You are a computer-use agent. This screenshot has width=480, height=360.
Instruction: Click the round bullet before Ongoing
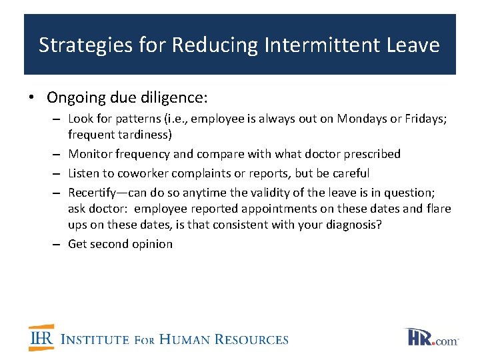32,98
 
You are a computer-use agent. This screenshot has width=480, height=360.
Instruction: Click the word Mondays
361,119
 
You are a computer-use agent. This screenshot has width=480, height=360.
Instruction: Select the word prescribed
372,154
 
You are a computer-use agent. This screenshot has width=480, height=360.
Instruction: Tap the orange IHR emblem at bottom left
41,338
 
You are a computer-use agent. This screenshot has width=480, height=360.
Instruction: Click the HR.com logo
431,337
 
